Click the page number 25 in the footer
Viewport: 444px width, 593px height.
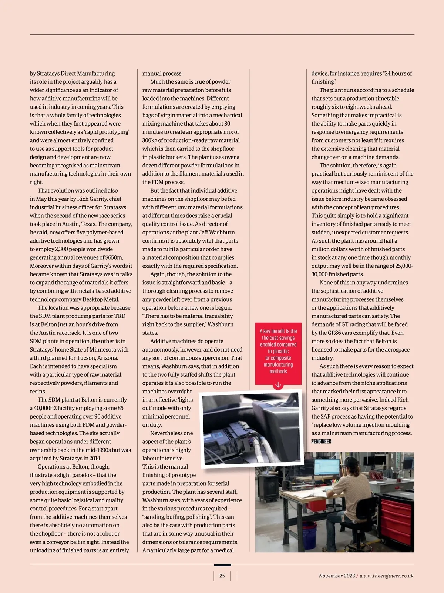[222, 576]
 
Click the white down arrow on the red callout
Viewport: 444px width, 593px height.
[278, 385]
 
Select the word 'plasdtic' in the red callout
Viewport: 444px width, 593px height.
[278, 351]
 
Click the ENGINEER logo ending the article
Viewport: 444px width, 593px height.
[321, 441]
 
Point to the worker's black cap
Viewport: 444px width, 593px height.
[351, 462]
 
